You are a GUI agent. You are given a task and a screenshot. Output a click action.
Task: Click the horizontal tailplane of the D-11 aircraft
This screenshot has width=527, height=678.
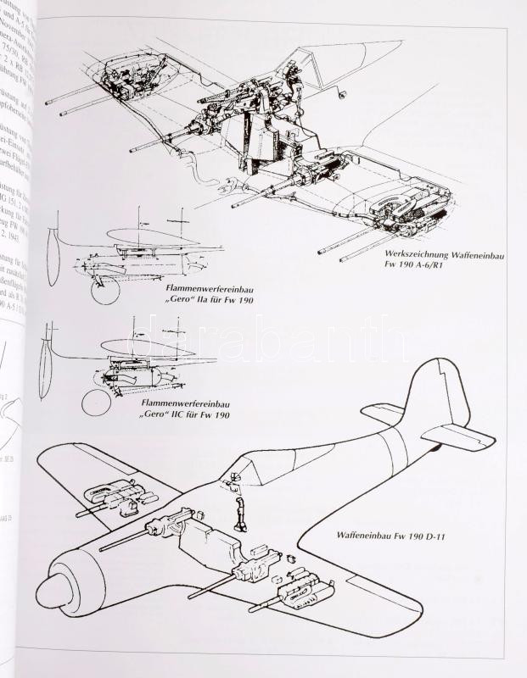pos(463,436)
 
